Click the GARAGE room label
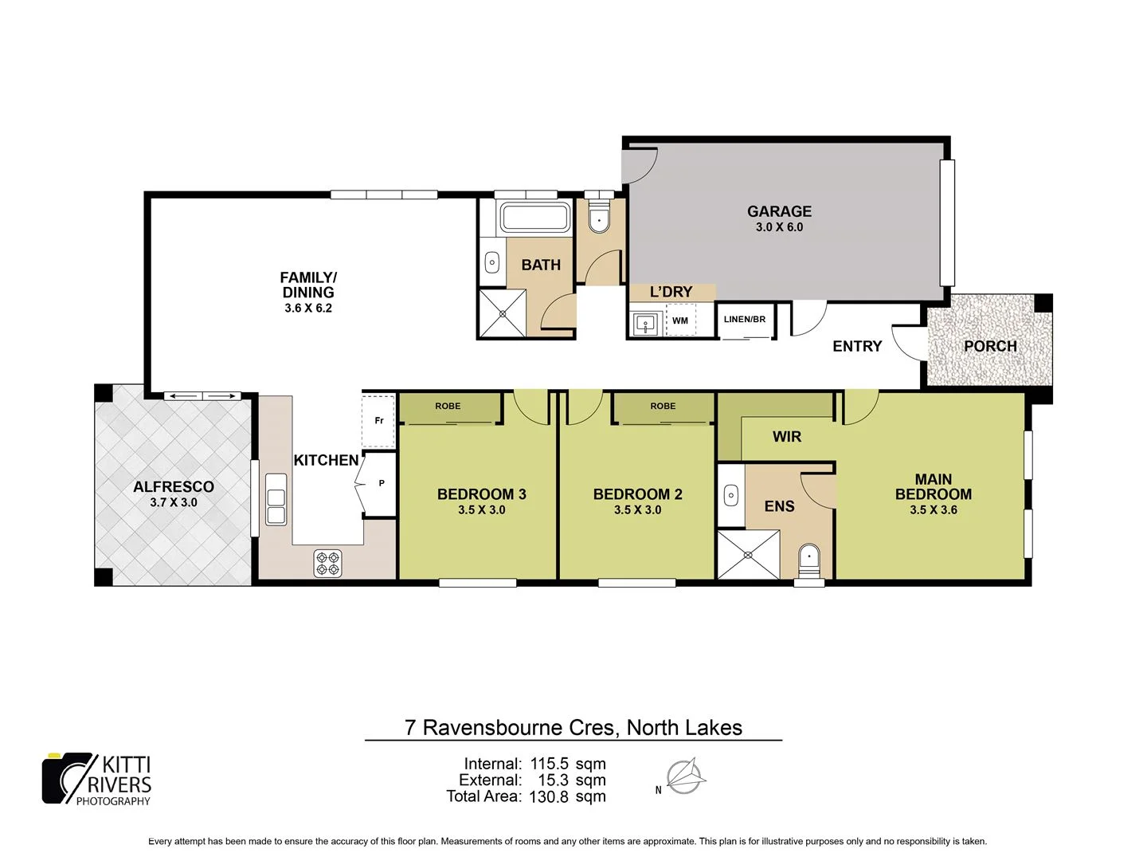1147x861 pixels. [779, 211]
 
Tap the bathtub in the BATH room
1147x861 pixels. [534, 218]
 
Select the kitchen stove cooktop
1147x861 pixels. [328, 563]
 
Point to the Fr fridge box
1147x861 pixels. [379, 420]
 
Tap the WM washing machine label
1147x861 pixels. [680, 320]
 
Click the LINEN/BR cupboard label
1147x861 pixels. [744, 319]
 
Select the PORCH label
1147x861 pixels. [990, 346]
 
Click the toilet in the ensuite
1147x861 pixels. [809, 559]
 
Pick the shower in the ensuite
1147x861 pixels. [749, 555]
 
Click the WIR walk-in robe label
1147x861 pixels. [786, 436]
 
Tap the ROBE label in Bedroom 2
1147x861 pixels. [663, 406]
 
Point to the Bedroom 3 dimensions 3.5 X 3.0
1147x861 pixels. [481, 510]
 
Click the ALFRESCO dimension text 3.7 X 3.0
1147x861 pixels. [174, 502]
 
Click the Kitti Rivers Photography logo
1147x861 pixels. [97, 779]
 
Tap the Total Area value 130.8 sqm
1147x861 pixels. [567, 796]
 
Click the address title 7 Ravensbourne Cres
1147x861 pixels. [573, 727]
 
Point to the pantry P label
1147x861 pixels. [382, 483]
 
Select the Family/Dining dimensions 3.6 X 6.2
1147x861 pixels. [308, 308]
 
